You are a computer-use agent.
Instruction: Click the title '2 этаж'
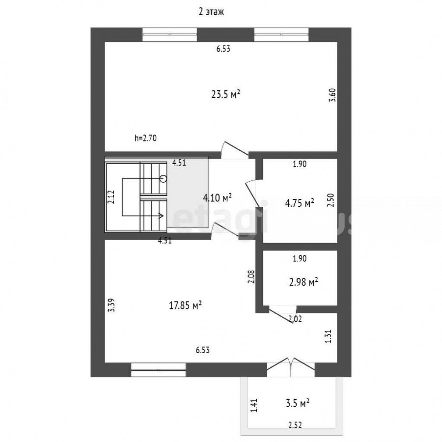tap(211, 12)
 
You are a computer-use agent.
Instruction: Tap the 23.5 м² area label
tap(226, 94)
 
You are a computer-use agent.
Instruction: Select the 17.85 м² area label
tap(185, 305)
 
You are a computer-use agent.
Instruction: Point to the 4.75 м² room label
tap(300, 203)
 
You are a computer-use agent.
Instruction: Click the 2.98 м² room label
tap(304, 281)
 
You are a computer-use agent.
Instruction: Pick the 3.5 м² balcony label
tap(298, 403)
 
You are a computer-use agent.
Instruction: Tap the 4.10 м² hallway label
tap(218, 197)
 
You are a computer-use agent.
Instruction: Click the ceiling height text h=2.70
tap(145, 138)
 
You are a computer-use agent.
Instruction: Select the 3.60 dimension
tap(332, 95)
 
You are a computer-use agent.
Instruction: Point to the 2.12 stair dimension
tap(111, 197)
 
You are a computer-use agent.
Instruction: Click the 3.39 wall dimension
tap(112, 305)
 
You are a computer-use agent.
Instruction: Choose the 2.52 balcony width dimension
tap(295, 425)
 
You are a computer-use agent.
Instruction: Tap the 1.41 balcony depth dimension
tap(254, 405)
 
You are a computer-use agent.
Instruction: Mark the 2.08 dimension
tap(252, 277)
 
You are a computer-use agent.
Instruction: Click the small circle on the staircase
tap(163, 178)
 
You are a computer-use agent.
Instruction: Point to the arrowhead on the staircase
tap(162, 216)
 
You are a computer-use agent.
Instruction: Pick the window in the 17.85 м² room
tap(159, 369)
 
